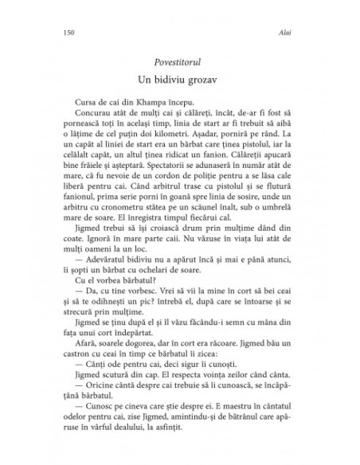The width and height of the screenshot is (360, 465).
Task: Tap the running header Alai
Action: coord(295,34)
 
